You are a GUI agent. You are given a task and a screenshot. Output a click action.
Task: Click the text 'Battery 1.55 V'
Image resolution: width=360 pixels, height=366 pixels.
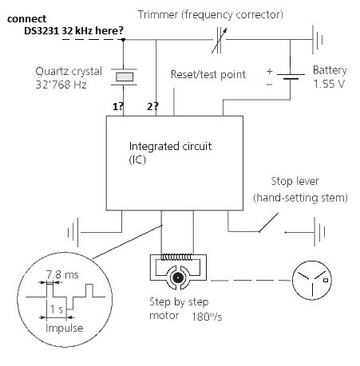pos(329,76)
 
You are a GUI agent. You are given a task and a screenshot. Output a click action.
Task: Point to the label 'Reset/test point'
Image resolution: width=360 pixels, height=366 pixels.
pos(208,73)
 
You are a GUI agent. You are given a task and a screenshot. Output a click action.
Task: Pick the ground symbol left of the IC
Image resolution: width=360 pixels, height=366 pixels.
pos(77,233)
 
